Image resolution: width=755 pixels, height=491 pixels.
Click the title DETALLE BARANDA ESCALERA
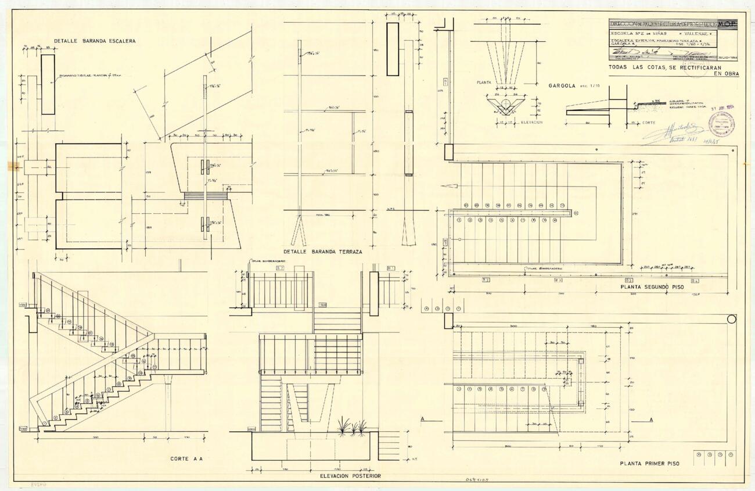pos(95,41)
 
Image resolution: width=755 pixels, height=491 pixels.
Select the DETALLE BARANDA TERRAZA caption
pos(323,252)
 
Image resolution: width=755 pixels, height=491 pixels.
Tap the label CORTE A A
pos(186,459)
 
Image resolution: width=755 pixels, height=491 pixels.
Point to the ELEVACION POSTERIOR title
pos(350,476)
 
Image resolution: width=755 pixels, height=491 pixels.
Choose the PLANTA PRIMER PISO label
pos(649,463)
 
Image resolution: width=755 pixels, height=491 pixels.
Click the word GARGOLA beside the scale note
pos(562,85)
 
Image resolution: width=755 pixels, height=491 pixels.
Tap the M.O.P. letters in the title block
pos(727,24)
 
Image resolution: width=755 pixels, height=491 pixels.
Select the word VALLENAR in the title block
pos(699,35)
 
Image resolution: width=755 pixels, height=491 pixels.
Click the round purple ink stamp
pos(721,124)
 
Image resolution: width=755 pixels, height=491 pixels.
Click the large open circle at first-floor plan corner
pos(731,318)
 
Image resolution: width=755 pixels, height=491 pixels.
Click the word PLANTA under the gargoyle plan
pos(484,83)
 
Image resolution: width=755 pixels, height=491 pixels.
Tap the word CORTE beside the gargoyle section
pos(649,123)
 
